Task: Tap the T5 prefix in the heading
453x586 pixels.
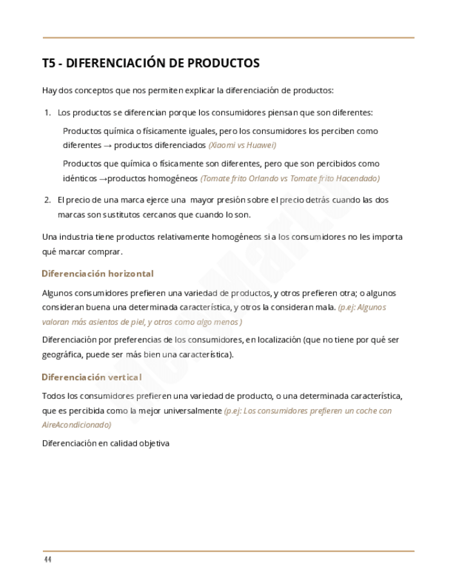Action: coord(48,64)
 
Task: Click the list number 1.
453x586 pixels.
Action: coord(47,113)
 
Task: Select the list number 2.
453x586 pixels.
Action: coord(47,200)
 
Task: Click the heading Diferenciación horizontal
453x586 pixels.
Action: coord(98,274)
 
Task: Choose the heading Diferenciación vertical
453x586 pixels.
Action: coord(91,377)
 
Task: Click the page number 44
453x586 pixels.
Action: coord(47,559)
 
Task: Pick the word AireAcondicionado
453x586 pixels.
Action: coord(76,425)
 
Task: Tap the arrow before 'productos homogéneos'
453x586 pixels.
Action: coord(102,178)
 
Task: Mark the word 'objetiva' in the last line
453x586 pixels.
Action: coord(152,444)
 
